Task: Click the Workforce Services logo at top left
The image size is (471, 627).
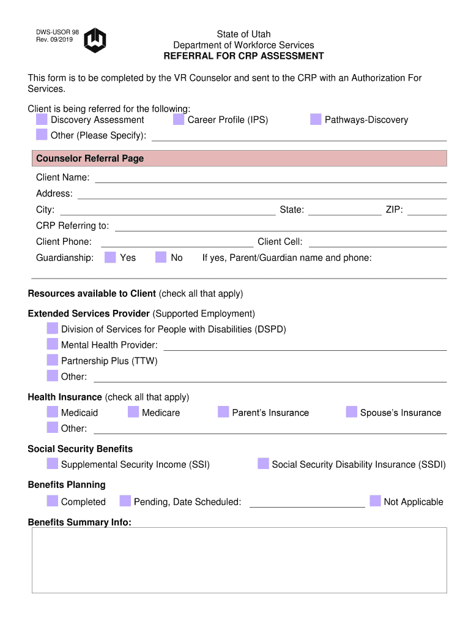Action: tap(95, 40)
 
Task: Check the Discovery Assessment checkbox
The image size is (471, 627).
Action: tap(42, 119)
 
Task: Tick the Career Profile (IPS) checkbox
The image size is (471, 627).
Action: tap(179, 119)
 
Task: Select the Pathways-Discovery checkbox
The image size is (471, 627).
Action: tap(316, 119)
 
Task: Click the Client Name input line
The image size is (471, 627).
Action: tap(270, 178)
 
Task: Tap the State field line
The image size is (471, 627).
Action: tap(344, 211)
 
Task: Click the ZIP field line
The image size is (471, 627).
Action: tap(427, 211)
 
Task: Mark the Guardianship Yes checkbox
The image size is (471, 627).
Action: tap(110, 257)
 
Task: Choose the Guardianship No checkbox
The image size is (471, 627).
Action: tap(161, 257)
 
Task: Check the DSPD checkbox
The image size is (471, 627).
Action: tap(53, 329)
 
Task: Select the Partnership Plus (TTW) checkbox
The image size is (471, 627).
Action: tap(53, 361)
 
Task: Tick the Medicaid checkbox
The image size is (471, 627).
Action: tap(53, 412)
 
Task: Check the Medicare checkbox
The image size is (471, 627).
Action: tap(133, 412)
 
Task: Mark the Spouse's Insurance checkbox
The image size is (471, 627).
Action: tap(351, 412)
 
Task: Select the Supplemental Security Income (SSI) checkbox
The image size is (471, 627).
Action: tap(53, 464)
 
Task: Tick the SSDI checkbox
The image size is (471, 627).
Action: tap(263, 464)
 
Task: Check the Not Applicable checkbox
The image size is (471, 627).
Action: tap(375, 501)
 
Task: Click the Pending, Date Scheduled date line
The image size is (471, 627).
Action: tap(307, 503)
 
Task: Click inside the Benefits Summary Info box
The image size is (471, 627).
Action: tap(239, 560)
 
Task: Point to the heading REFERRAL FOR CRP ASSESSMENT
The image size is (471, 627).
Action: tap(243, 56)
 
